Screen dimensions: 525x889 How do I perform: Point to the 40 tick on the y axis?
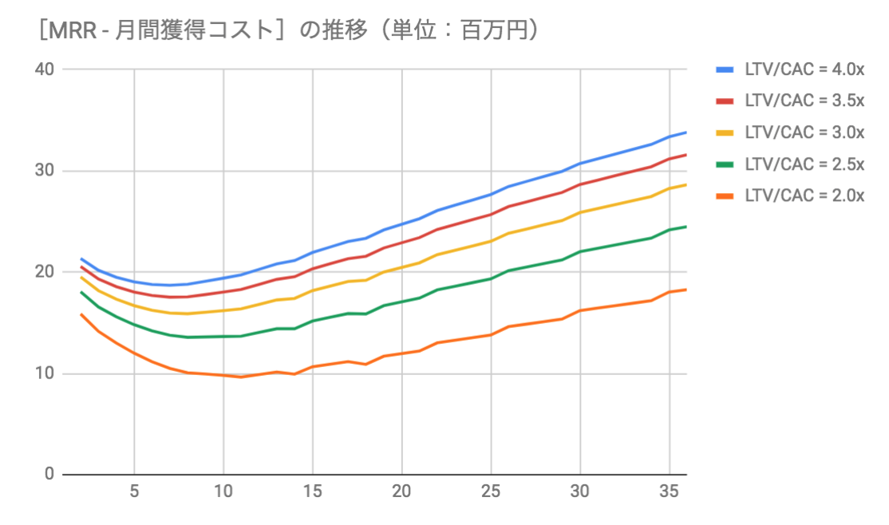tap(44, 69)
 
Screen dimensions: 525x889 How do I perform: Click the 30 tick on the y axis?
tap(44, 171)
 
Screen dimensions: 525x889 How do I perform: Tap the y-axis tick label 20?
tap(44, 272)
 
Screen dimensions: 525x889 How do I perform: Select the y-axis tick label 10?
tap(44, 373)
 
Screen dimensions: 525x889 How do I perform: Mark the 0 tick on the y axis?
tap(49, 475)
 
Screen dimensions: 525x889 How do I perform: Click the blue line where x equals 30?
tap(580, 163)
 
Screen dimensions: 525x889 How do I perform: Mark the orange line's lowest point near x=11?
tap(241, 377)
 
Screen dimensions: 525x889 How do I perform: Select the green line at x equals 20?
tap(402, 302)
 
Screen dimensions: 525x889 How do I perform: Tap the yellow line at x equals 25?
tap(491, 241)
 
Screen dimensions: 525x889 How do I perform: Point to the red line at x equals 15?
tap(313, 268)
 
